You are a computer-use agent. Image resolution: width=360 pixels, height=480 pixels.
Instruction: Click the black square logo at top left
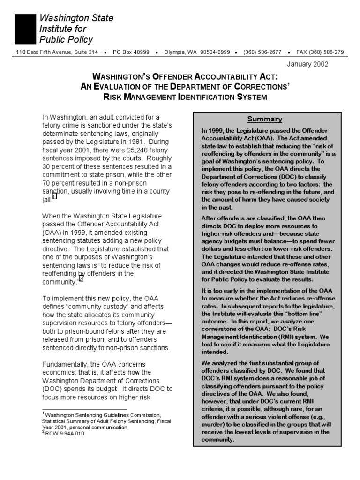click(x=25, y=29)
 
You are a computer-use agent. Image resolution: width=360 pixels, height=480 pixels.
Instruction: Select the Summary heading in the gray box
click(x=265, y=119)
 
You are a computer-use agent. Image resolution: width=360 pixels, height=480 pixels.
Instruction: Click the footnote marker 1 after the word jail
click(x=55, y=197)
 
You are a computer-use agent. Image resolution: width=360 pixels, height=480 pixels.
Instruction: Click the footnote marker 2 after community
click(x=81, y=278)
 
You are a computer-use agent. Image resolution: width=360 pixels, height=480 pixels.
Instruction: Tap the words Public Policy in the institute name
click(x=66, y=39)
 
